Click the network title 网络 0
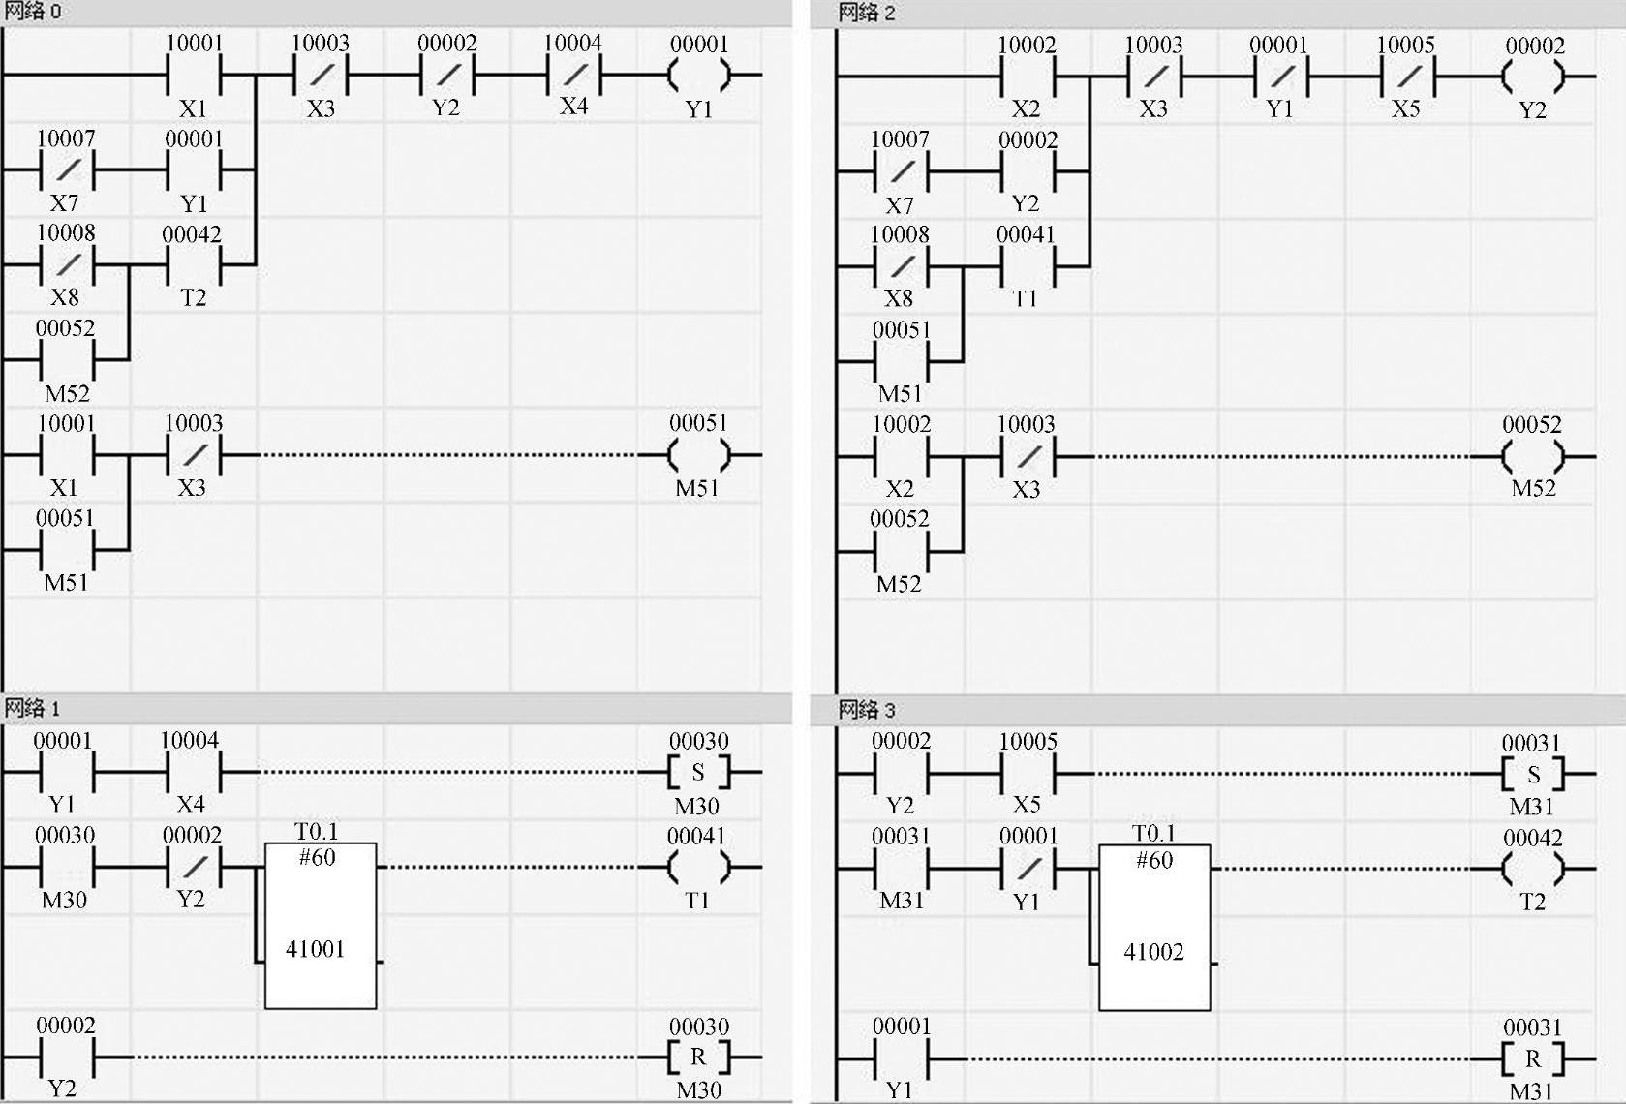(x=33, y=12)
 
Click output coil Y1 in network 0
(x=698, y=75)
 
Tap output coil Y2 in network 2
(x=1533, y=77)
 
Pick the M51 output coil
(x=698, y=454)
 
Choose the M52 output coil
(x=1533, y=456)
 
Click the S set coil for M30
(x=698, y=773)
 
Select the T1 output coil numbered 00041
(x=698, y=868)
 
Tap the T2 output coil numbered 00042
(x=1533, y=869)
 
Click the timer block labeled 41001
(x=321, y=925)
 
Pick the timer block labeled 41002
(x=1154, y=927)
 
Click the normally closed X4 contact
(x=573, y=75)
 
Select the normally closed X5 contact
(x=1406, y=77)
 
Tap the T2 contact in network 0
(x=193, y=264)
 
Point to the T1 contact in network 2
(x=1027, y=266)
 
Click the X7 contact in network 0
(x=66, y=170)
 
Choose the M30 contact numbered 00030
(x=66, y=868)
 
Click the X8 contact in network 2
(x=900, y=266)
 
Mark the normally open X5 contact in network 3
(x=1028, y=774)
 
